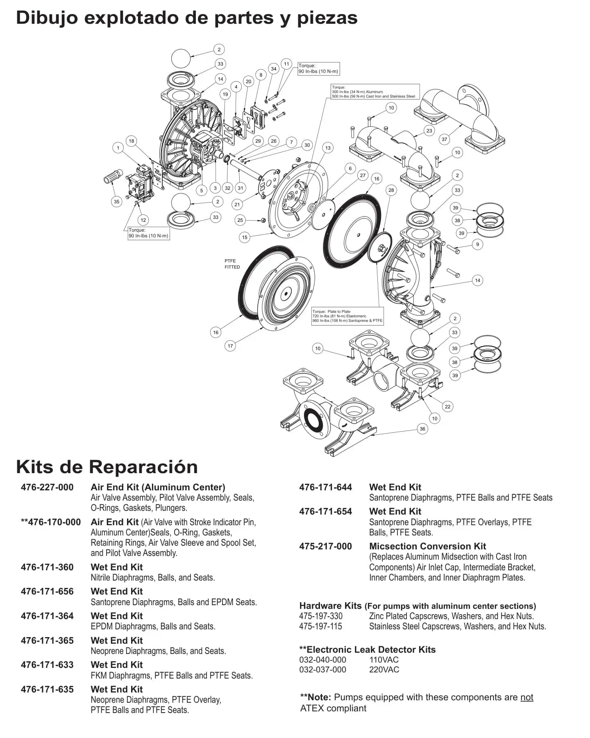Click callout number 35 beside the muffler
click(x=117, y=201)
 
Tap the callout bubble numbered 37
click(x=445, y=139)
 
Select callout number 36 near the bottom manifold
click(x=422, y=429)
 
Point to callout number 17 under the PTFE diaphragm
click(x=230, y=346)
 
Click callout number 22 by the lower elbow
click(x=447, y=407)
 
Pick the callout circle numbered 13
click(x=328, y=148)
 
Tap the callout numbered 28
click(x=391, y=190)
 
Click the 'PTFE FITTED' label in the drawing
click(x=232, y=264)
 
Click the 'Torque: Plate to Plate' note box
click(x=347, y=316)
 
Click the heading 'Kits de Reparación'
click(x=107, y=467)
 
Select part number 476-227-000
click(x=47, y=487)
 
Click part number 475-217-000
click(x=325, y=547)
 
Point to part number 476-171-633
click(x=47, y=665)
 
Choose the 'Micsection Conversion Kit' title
click(x=427, y=547)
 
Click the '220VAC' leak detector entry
click(x=384, y=670)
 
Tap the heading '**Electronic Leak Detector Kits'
click(x=367, y=650)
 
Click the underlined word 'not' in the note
click(x=526, y=697)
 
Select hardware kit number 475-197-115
click(x=320, y=626)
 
